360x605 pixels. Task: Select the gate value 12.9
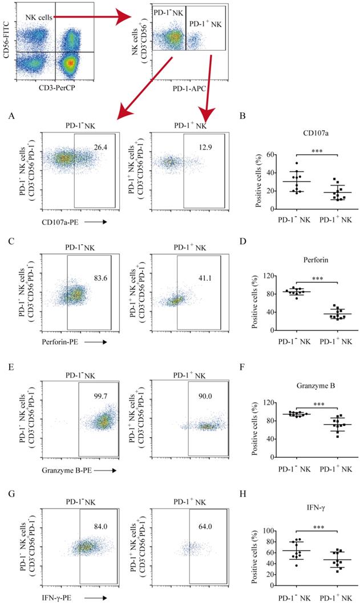[204, 148]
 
